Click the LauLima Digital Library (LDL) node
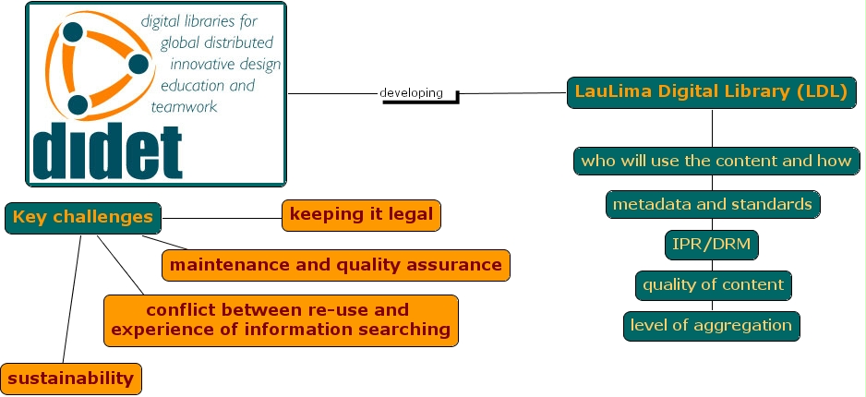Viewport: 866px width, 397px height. [712, 92]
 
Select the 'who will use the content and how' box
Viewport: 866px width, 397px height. [716, 161]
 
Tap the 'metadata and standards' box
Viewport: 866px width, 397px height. [713, 204]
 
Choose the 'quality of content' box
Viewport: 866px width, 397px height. [713, 285]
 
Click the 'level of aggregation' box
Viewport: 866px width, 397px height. [711, 325]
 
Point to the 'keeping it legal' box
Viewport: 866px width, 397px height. [361, 215]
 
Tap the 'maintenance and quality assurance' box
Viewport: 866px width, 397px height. [336, 265]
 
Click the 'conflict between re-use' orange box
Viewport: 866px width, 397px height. [281, 319]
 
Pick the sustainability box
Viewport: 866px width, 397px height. [71, 378]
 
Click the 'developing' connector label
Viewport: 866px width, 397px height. [411, 93]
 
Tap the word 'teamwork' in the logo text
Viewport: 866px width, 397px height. [188, 107]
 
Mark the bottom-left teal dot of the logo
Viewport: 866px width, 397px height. [78, 104]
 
